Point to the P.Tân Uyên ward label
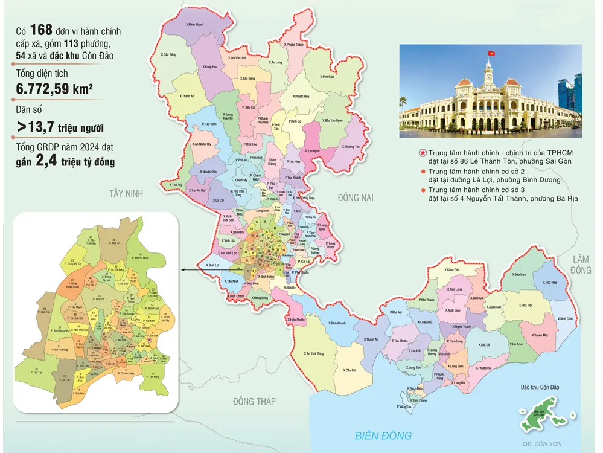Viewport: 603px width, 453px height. click(312, 150)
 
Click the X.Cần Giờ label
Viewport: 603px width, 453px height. click(351, 370)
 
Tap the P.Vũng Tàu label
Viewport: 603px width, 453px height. click(405, 406)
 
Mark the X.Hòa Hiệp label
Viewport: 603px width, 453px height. click(549, 282)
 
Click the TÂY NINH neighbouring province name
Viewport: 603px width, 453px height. click(125, 193)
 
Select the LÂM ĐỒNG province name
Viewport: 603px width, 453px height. click(582, 264)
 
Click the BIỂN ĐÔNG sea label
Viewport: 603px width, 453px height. click(383, 435)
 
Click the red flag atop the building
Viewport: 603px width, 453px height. click(491, 54)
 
